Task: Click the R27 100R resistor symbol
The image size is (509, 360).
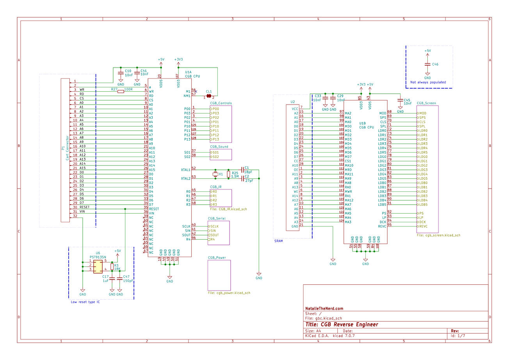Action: [121, 91]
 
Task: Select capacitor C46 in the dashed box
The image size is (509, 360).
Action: [427, 64]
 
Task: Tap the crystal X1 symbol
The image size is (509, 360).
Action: [215, 174]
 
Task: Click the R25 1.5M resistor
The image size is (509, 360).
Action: [228, 174]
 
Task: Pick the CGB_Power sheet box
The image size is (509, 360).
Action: [219, 275]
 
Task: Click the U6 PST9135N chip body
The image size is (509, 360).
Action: [98, 267]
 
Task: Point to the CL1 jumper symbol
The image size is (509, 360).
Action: [209, 96]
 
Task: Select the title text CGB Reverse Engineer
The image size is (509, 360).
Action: [342, 324]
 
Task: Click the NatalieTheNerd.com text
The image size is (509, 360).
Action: [324, 308]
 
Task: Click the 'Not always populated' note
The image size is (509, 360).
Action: [428, 82]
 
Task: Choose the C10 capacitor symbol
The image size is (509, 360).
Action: [121, 73]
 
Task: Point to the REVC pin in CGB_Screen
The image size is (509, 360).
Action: [422, 226]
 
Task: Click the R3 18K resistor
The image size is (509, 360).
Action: [112, 267]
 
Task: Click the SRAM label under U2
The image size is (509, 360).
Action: [278, 241]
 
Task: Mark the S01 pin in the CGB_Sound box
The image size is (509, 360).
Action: [215, 152]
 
